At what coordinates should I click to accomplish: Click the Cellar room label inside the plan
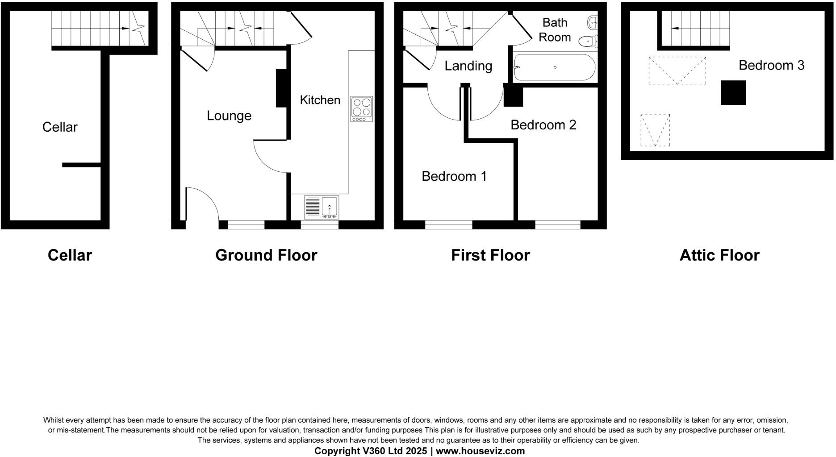tap(60, 127)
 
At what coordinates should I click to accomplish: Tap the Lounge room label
tap(229, 116)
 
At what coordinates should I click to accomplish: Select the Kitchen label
tap(320, 100)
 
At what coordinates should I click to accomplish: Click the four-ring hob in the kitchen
tap(361, 109)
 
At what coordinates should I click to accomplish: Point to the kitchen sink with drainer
tap(321, 208)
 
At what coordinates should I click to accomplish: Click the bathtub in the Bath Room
tap(555, 67)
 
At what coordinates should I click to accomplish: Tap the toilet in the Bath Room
tap(588, 42)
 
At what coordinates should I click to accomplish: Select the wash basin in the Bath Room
tap(593, 21)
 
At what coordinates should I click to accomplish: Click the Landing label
tap(468, 66)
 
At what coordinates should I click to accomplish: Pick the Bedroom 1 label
tap(454, 176)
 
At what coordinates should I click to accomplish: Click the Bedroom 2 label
tap(543, 125)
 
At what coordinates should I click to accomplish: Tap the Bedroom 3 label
tap(771, 65)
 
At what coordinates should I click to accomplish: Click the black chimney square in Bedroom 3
tap(733, 93)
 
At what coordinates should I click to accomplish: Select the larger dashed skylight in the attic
tap(677, 71)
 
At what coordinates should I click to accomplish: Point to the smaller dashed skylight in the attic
tap(655, 130)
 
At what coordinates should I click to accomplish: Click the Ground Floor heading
tap(266, 255)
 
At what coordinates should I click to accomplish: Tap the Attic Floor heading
tap(719, 255)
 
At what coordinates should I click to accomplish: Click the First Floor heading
tap(490, 255)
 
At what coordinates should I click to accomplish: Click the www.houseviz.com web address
tap(480, 451)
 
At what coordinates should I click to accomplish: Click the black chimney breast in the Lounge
tap(281, 88)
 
